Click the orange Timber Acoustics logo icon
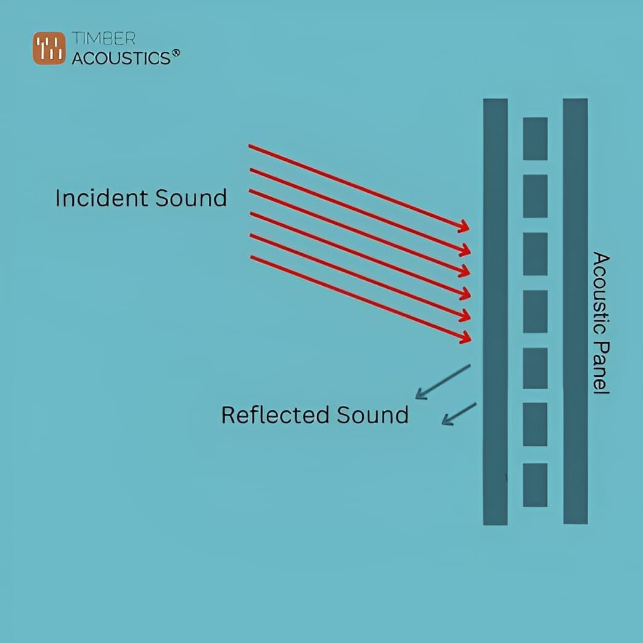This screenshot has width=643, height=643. coord(49,48)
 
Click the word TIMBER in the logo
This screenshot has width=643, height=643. coord(103,38)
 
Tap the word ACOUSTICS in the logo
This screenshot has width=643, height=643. coord(121,58)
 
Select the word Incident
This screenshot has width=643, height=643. coord(102,198)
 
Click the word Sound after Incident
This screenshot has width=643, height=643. coord(191,198)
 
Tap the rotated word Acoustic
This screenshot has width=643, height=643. coord(601,293)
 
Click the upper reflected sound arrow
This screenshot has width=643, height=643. coord(442,382)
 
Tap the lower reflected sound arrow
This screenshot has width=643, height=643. coord(459,414)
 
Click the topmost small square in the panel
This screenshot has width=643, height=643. coord(535,139)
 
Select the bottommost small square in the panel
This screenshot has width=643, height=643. coord(535,485)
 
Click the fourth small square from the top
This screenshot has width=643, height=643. coord(535,312)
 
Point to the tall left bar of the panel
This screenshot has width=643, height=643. coord(495,312)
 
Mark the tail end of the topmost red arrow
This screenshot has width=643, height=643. coord(250,146)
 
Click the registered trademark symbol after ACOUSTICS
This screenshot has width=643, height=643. coord(176,54)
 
